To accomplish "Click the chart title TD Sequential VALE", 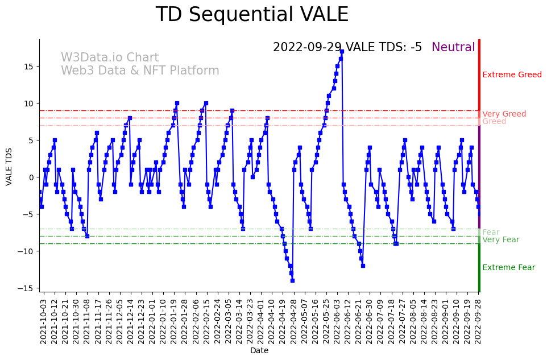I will pyautogui.click(x=252, y=15).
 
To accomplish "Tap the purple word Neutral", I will pyautogui.click(x=453, y=48).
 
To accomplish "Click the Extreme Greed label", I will pyautogui.click(x=512, y=75).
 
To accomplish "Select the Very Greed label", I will pyautogui.click(x=504, y=114).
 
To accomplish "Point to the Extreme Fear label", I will pyautogui.click(x=508, y=268).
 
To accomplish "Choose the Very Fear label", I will pyautogui.click(x=500, y=240).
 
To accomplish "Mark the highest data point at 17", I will pyautogui.click(x=342, y=52).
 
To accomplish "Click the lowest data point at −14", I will pyautogui.click(x=292, y=280).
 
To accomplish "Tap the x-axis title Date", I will pyautogui.click(x=259, y=351).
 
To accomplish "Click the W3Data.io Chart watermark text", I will pyautogui.click(x=110, y=58).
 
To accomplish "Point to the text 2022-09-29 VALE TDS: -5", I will pyautogui.click(x=347, y=48).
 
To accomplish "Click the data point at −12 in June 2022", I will pyautogui.click(x=363, y=266).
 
